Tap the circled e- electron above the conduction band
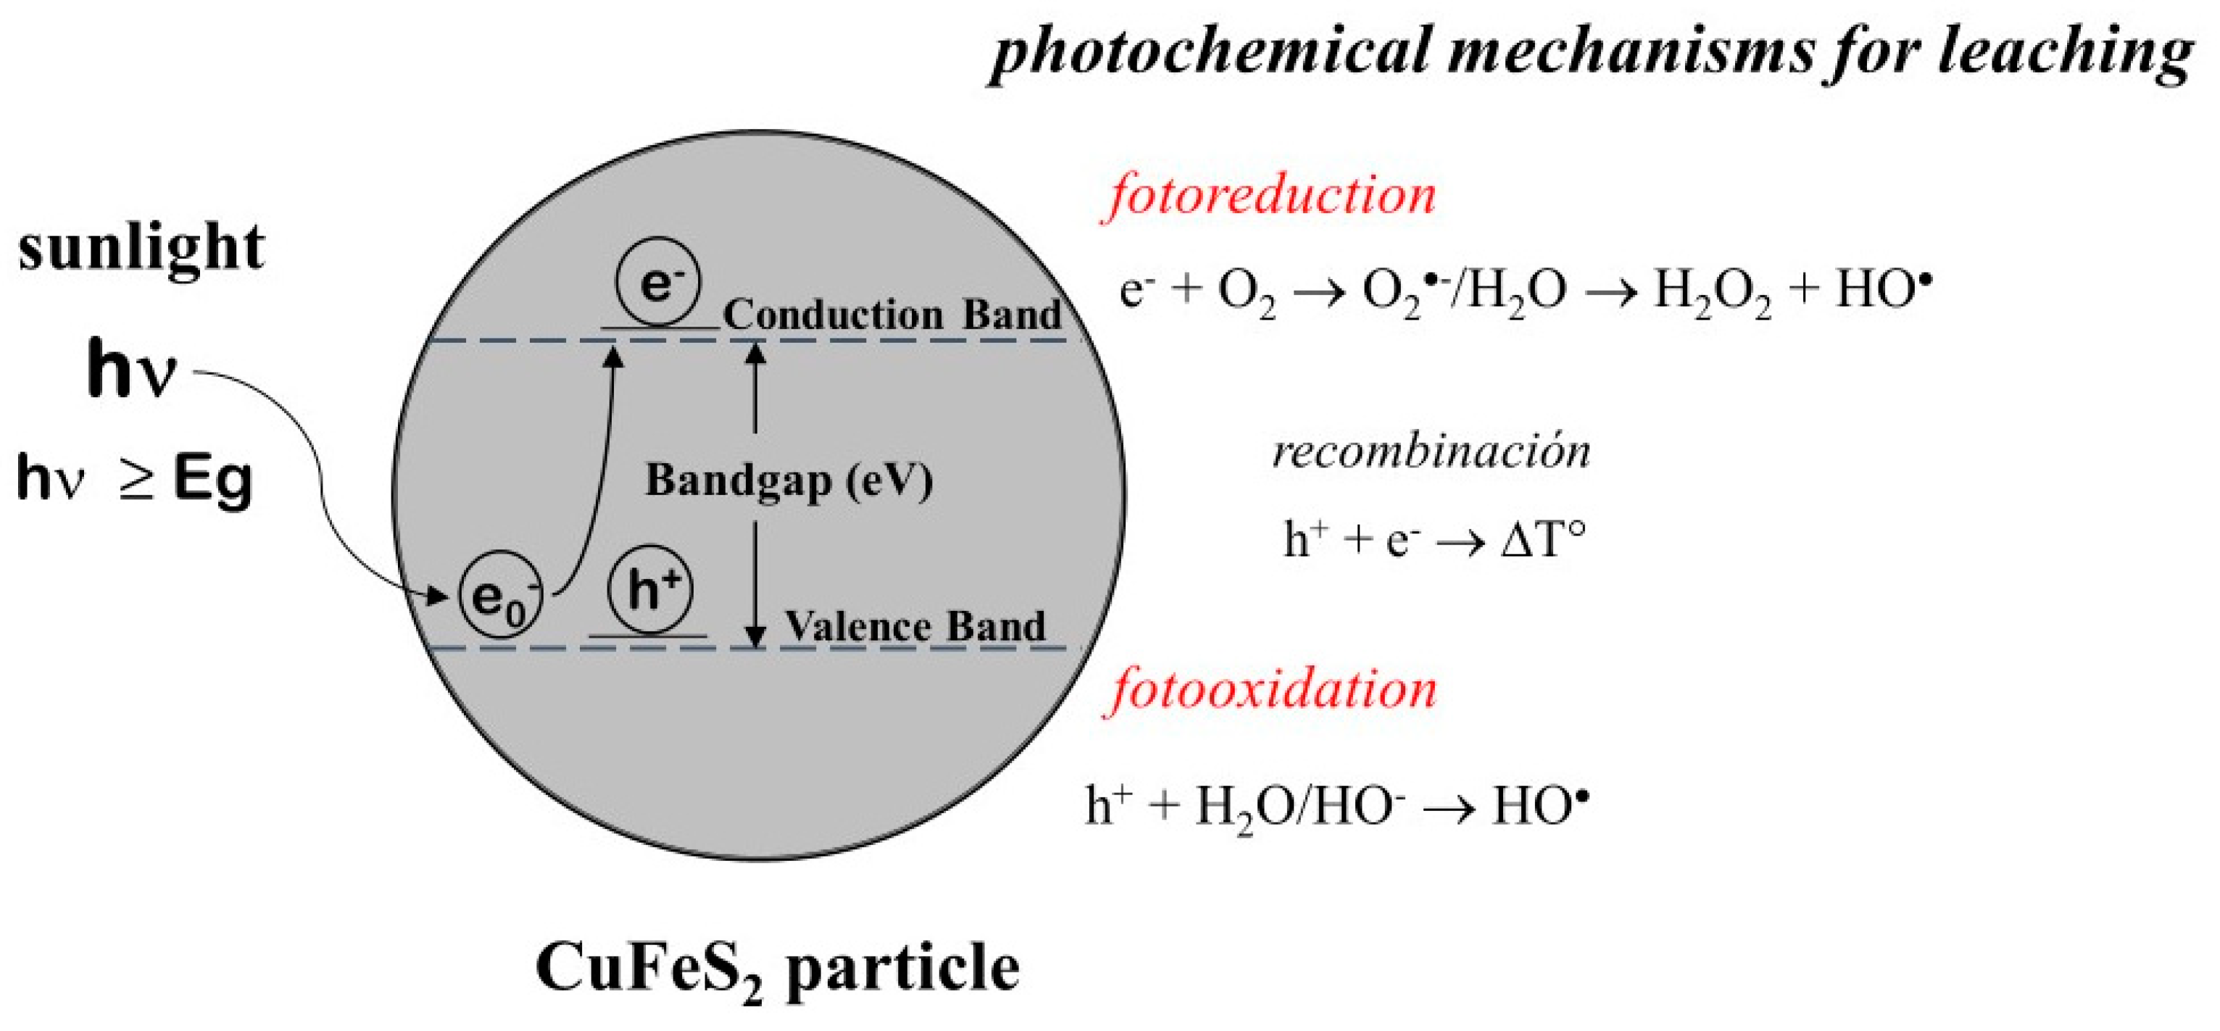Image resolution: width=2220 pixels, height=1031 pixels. tap(657, 283)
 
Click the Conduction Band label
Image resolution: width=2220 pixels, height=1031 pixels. tap(892, 315)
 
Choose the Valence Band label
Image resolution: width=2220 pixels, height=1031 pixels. tap(915, 626)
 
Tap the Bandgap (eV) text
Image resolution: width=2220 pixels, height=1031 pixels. tap(789, 480)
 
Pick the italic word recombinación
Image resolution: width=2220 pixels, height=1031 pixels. tap(1431, 451)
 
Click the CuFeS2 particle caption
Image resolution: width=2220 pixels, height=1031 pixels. tap(778, 969)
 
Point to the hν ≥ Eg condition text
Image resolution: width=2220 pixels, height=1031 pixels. tap(134, 479)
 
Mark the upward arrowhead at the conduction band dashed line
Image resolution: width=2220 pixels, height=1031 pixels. tap(755, 351)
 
